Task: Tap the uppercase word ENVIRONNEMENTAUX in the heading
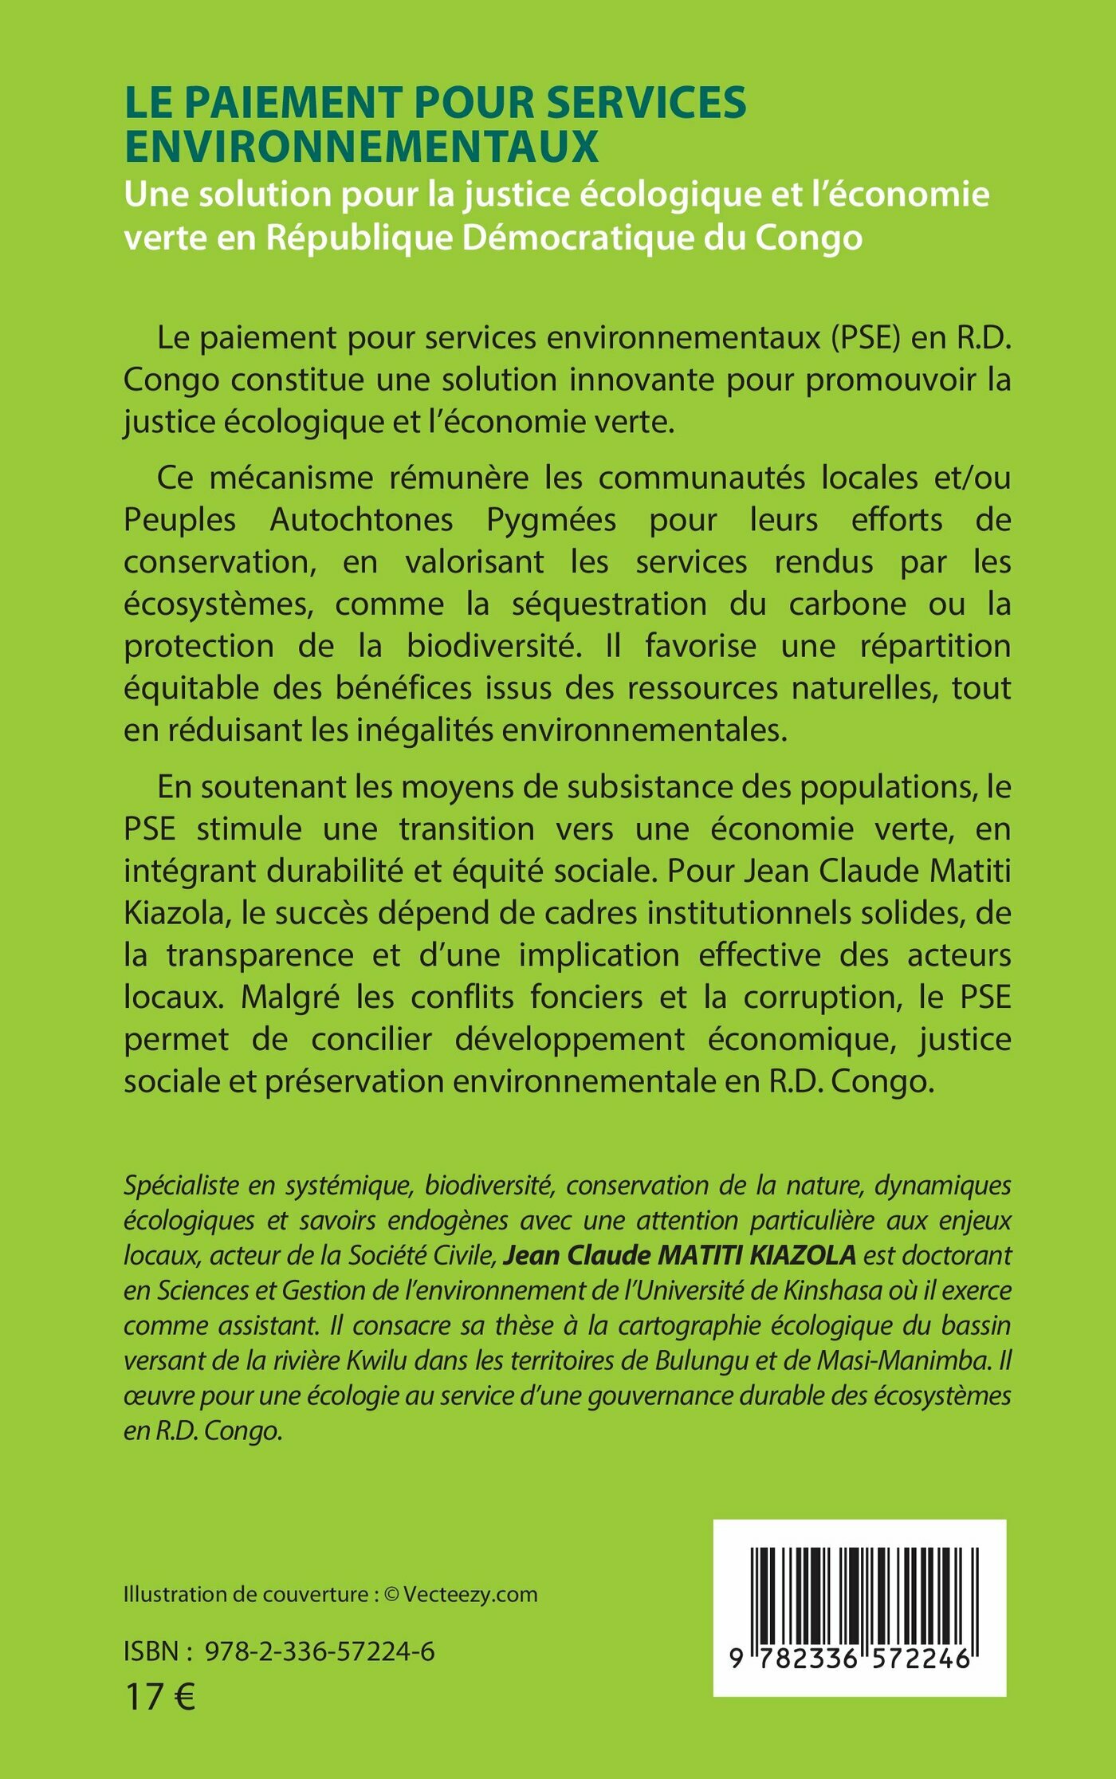coord(361,146)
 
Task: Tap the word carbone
coord(847,604)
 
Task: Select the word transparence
coord(259,954)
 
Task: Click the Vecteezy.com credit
coord(470,1594)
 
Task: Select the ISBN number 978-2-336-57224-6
coord(320,1651)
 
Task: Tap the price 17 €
coord(159,1697)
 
